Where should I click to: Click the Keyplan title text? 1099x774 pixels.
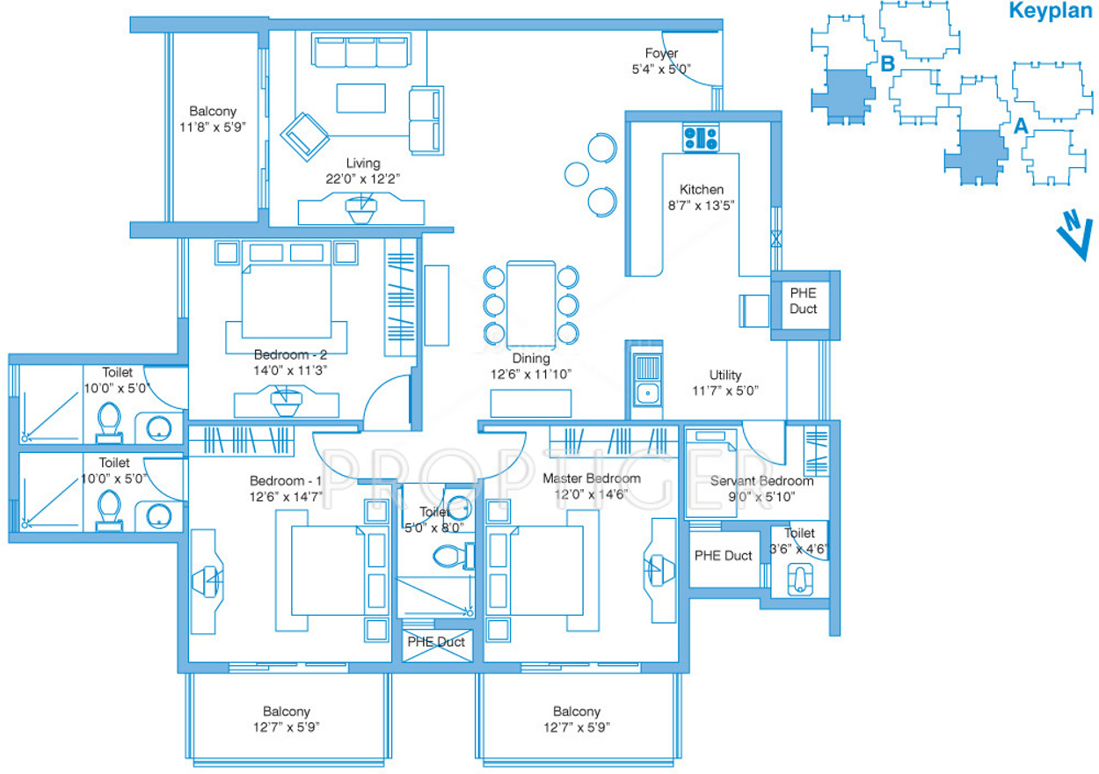(x=1051, y=11)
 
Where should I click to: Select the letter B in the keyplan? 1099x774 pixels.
(x=887, y=64)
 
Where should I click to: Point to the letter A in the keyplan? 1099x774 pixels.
(x=1021, y=126)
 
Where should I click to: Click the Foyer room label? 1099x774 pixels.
(x=661, y=53)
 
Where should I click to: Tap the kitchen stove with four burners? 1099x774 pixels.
(x=701, y=138)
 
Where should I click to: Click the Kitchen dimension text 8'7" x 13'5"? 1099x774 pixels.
(x=701, y=206)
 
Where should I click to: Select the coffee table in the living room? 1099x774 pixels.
(x=360, y=99)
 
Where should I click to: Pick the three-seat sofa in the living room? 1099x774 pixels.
(x=361, y=49)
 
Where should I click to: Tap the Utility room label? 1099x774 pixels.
(x=725, y=375)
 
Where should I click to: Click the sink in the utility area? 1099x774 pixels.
(x=648, y=393)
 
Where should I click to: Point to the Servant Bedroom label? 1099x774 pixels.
(x=761, y=481)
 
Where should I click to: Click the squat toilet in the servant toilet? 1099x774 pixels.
(x=800, y=580)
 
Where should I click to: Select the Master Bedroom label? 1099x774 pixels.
(x=591, y=478)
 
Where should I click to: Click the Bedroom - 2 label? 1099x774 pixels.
(x=290, y=354)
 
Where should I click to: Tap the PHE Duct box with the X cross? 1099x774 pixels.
(x=437, y=646)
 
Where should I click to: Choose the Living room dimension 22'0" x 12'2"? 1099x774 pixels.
(x=362, y=179)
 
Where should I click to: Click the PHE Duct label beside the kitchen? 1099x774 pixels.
(x=804, y=301)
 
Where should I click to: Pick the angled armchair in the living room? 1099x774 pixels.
(x=305, y=137)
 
